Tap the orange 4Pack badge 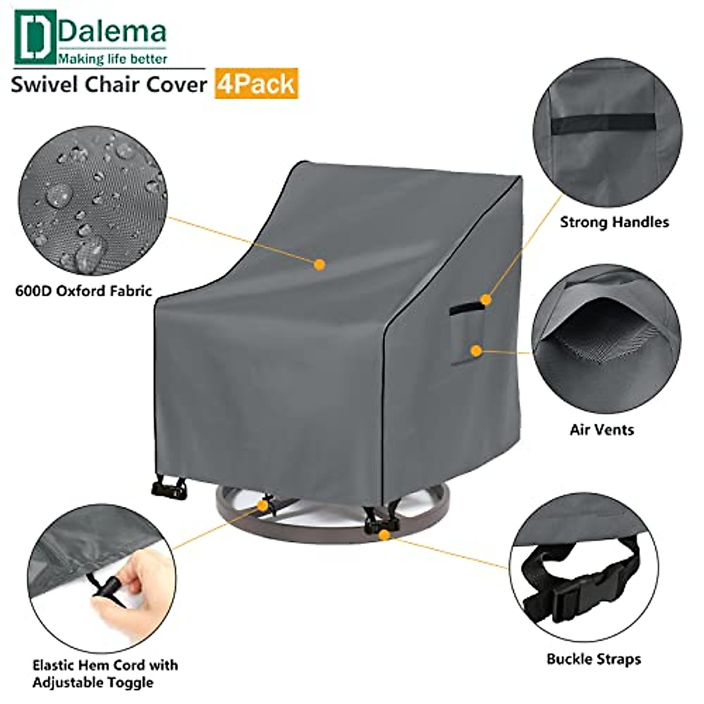pos(256,83)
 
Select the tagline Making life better pos(112,59)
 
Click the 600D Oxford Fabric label pos(83,290)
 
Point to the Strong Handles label pos(614,222)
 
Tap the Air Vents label pos(602,429)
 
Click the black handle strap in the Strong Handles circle pos(604,123)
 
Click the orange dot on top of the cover pos(320,265)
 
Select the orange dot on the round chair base pos(384,534)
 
